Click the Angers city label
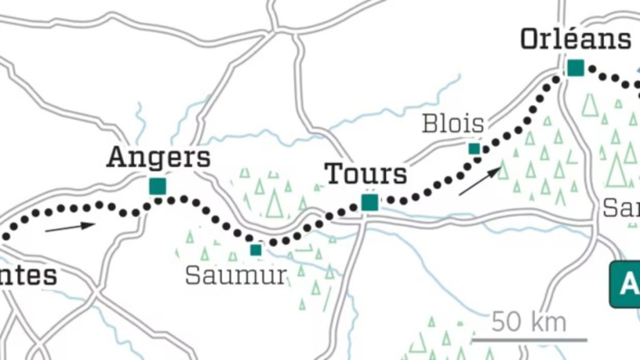pyautogui.click(x=158, y=157)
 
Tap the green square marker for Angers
pyautogui.click(x=157, y=186)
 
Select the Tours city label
pyautogui.click(x=366, y=174)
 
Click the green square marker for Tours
pyautogui.click(x=369, y=202)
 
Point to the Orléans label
pyautogui.click(x=576, y=39)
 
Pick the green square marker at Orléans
pyautogui.click(x=575, y=68)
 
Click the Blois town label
pyautogui.click(x=453, y=124)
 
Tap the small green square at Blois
pyautogui.click(x=474, y=149)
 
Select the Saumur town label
pyautogui.click(x=236, y=275)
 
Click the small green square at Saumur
pyautogui.click(x=256, y=250)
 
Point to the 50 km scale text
pyautogui.click(x=529, y=322)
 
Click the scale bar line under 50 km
pyautogui.click(x=529, y=340)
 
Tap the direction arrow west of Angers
pyautogui.click(x=70, y=227)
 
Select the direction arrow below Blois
pyautogui.click(x=480, y=181)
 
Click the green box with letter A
pyautogui.click(x=626, y=285)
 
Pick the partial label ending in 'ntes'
pyautogui.click(x=28, y=275)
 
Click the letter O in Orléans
pyautogui.click(x=532, y=39)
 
